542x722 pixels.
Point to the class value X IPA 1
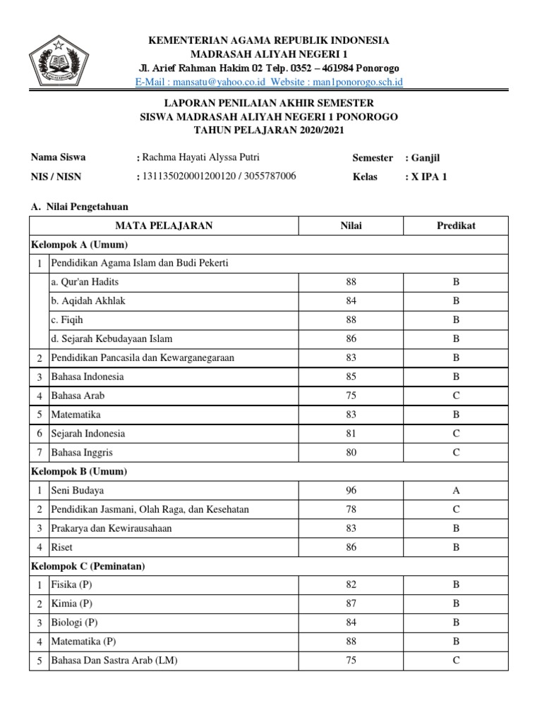(x=428, y=177)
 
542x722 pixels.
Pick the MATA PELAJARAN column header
(x=164, y=226)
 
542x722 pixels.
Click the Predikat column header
(x=456, y=226)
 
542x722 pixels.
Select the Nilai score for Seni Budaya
(x=351, y=490)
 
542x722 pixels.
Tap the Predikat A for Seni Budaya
(x=456, y=490)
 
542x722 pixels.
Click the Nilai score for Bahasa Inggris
(x=351, y=452)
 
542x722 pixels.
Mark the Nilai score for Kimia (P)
(x=351, y=604)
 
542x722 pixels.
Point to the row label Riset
(x=61, y=546)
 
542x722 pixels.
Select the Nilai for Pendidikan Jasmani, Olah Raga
(x=351, y=509)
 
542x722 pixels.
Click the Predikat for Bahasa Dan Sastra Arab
(x=456, y=661)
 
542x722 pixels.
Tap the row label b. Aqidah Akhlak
(x=88, y=301)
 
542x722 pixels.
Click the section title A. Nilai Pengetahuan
(x=79, y=206)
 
